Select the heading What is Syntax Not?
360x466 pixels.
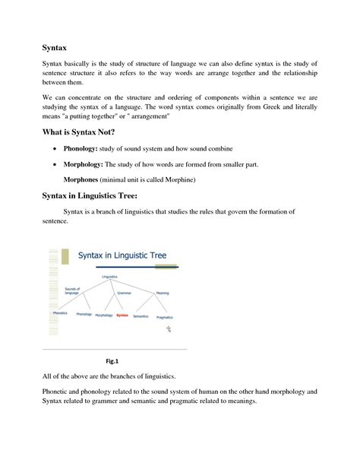coord(84,132)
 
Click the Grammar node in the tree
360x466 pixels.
coord(125,290)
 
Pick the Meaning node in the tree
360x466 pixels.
coord(162,292)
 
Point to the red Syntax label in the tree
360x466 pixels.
coord(122,315)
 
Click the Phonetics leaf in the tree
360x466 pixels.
coord(60,313)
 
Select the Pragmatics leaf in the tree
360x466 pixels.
coord(166,316)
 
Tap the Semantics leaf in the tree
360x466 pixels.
coord(141,315)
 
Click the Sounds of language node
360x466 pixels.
coord(73,291)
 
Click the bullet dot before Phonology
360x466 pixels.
coord(55,147)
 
